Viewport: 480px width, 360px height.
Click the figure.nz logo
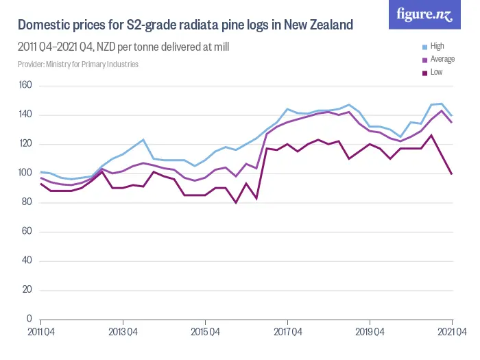coord(424,14)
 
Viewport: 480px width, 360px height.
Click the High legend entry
coord(437,47)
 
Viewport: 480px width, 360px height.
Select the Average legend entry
coord(442,59)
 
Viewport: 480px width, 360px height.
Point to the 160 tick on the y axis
coord(26,86)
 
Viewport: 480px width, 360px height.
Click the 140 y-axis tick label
coord(26,115)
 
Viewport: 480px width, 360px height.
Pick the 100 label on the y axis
coord(26,173)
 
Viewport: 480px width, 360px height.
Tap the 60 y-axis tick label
coord(26,231)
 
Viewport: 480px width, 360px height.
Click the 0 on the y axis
coord(29,319)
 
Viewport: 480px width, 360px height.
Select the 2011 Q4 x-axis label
coord(40,331)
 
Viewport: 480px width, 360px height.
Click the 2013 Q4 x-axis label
coord(123,331)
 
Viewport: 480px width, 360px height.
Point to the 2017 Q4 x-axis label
coord(287,331)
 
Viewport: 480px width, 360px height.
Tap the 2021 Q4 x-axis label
coord(452,331)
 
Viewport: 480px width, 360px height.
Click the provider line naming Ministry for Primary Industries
coord(78,64)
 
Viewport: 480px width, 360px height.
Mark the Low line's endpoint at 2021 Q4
coord(452,173)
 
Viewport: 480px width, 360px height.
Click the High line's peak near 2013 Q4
coord(143,140)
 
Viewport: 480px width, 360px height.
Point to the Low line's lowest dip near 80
coord(236,202)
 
